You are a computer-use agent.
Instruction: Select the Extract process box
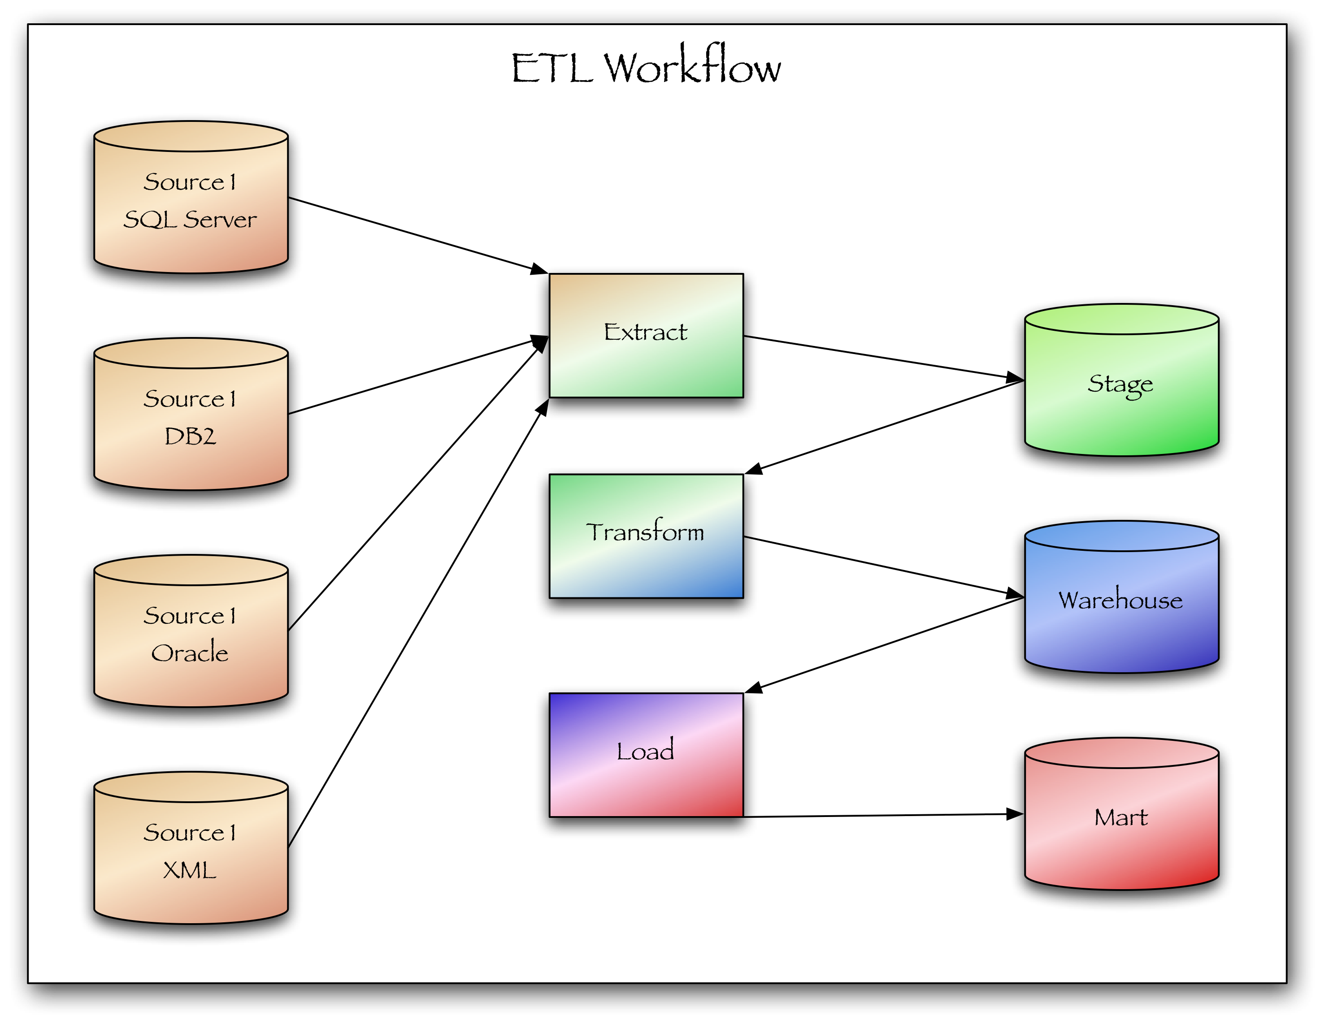point(646,335)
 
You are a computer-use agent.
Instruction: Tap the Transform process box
point(646,536)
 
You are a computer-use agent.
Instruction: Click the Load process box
point(646,755)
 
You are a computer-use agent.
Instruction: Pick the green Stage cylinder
point(1121,380)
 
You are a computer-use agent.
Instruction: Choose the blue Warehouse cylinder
point(1121,597)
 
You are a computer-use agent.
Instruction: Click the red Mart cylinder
point(1121,814)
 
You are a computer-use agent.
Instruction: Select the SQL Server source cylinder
point(191,197)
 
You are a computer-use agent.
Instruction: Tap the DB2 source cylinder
point(191,414)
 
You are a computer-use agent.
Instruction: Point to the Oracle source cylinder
point(191,631)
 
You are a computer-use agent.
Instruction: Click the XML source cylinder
point(191,848)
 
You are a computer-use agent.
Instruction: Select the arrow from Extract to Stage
point(884,358)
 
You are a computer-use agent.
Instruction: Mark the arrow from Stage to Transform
point(884,427)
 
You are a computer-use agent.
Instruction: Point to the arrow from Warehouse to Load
point(884,645)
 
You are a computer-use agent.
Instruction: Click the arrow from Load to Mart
point(884,816)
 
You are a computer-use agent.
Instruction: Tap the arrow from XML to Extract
point(418,623)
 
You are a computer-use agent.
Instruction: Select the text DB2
point(190,436)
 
